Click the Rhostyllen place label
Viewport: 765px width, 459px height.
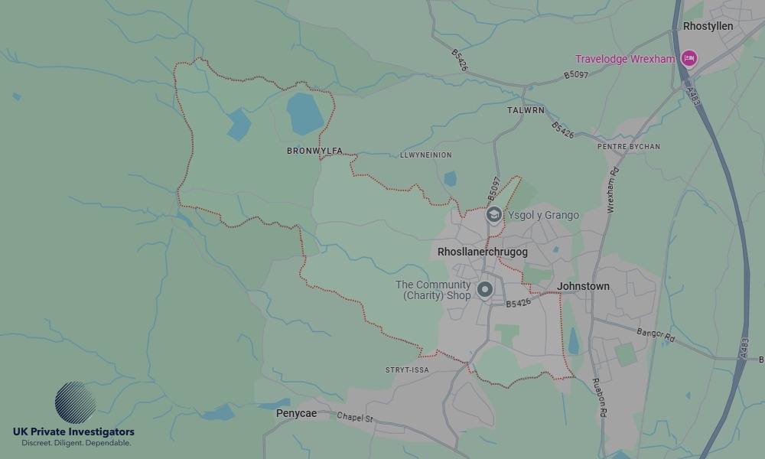[x=708, y=26]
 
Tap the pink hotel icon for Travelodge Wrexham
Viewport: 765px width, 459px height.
[x=689, y=58]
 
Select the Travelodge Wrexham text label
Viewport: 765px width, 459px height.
[x=625, y=59]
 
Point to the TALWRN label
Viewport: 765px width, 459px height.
[x=526, y=110]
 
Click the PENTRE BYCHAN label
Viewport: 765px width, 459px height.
[x=628, y=146]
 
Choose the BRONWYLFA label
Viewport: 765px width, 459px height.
[x=314, y=151]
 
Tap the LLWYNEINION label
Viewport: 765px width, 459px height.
[x=425, y=155]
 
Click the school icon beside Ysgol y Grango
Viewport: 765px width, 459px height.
[x=493, y=215]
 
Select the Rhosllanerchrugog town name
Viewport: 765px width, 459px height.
[x=482, y=252]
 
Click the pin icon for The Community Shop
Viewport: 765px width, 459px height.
[x=484, y=289]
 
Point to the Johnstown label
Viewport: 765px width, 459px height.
[x=583, y=286]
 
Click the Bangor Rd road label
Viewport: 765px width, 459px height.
[x=656, y=334]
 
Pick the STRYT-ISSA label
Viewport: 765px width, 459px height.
[x=407, y=369]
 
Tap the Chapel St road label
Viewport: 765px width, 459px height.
[x=354, y=418]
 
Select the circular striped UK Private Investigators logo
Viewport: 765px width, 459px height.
[x=76, y=403]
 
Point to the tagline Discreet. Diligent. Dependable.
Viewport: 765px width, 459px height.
[x=76, y=443]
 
